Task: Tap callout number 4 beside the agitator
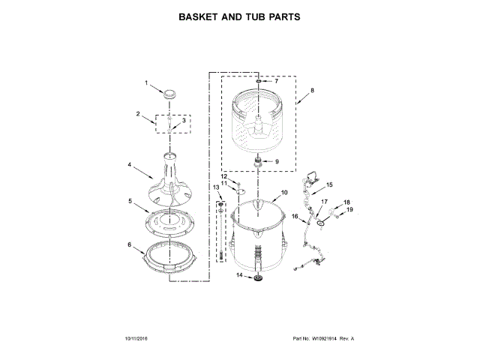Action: click(130, 165)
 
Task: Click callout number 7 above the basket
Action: click(275, 80)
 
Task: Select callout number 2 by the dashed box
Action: click(139, 114)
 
